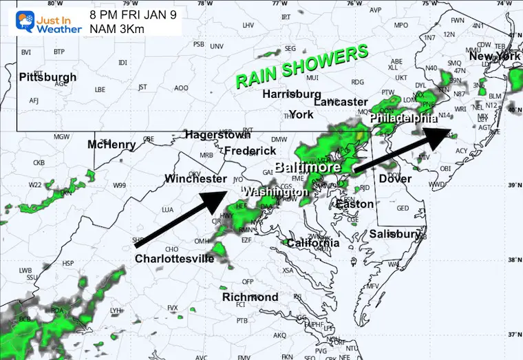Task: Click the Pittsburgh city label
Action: click(x=46, y=76)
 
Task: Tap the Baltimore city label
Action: click(x=308, y=167)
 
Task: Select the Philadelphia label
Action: click(x=403, y=118)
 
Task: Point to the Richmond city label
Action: click(x=250, y=297)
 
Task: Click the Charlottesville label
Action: click(x=174, y=259)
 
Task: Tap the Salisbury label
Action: click(x=394, y=234)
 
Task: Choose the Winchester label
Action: click(x=195, y=179)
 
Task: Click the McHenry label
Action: click(x=111, y=145)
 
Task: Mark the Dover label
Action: click(x=396, y=179)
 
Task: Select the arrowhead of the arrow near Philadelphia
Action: click(x=440, y=134)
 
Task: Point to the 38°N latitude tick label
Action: click(x=512, y=260)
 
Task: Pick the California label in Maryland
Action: click(x=313, y=243)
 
